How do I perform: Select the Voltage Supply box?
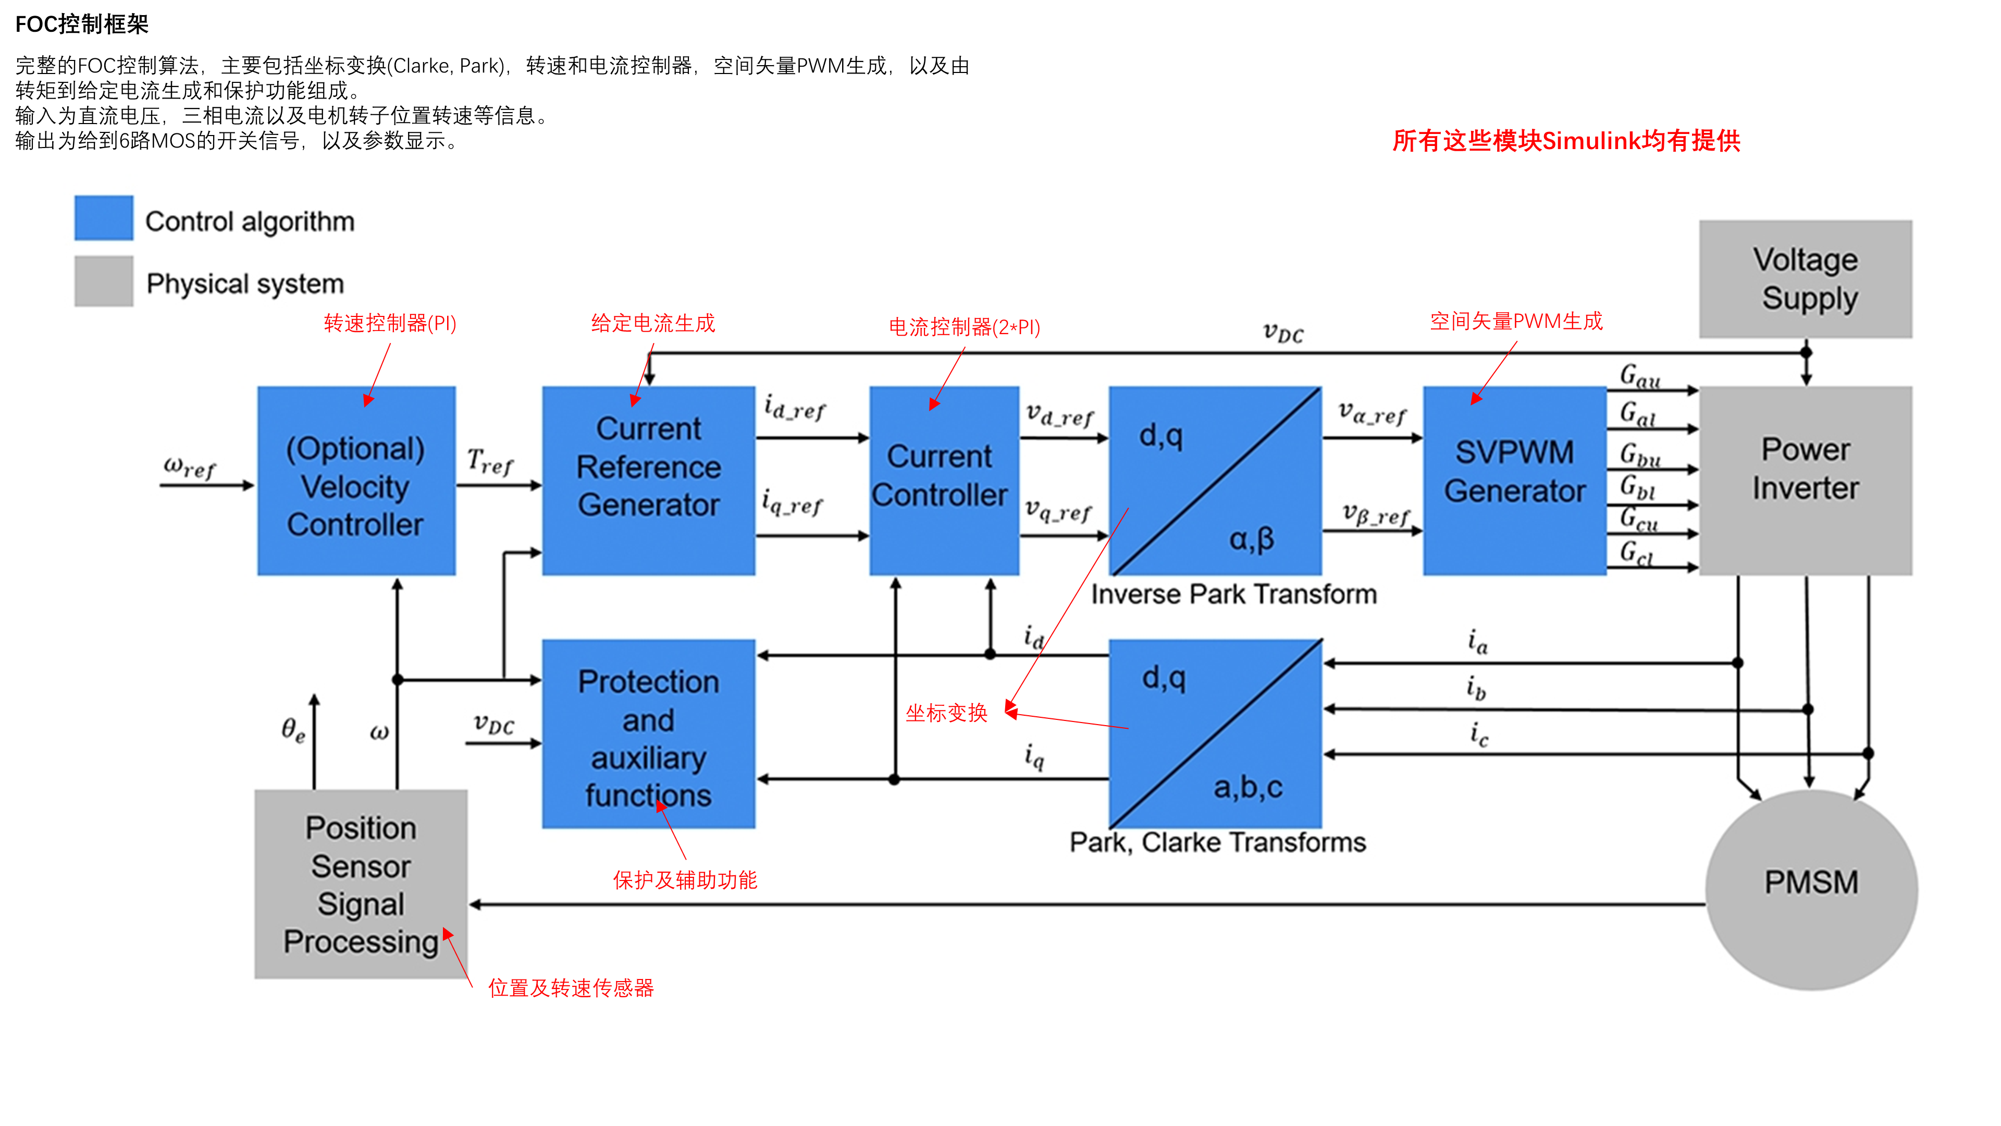1805,279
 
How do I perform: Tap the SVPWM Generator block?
1514,480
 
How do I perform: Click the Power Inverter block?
1805,480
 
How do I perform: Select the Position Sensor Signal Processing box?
361,884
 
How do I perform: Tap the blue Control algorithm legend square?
103,218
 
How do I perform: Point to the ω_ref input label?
189,467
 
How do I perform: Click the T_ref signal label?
489,461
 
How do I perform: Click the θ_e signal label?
293,730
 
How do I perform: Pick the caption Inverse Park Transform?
1233,594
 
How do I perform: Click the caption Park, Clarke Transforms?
1217,842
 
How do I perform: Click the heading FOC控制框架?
82,24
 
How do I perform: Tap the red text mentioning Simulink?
1565,141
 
